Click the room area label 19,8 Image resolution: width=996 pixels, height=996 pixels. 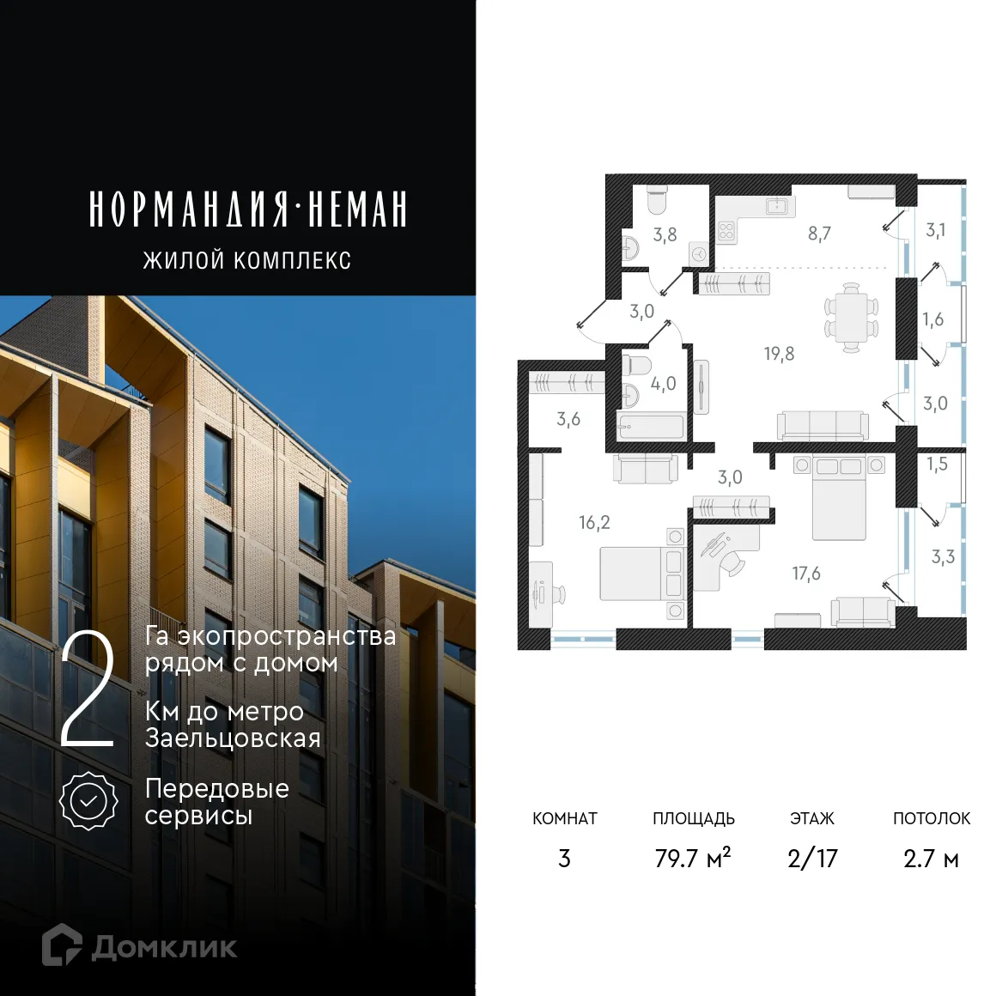click(x=779, y=354)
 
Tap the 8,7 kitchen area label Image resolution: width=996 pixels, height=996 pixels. click(x=819, y=234)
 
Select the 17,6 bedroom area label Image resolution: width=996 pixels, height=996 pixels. click(x=806, y=574)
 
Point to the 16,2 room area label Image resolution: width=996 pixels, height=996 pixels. click(x=594, y=522)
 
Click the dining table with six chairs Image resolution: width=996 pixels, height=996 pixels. click(x=851, y=317)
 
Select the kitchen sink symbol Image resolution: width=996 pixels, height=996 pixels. click(x=780, y=205)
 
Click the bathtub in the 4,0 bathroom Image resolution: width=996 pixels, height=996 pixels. click(x=651, y=427)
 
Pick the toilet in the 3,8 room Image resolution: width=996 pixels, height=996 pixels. click(x=657, y=203)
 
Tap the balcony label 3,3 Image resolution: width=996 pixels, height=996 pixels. click(x=943, y=557)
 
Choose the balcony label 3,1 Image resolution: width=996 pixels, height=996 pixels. click(x=936, y=230)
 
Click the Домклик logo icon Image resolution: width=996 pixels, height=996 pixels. click(x=62, y=944)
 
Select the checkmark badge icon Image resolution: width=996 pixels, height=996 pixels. click(x=88, y=800)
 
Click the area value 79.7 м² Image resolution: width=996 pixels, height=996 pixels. click(x=692, y=858)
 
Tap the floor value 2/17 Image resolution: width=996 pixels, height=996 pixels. click(x=811, y=858)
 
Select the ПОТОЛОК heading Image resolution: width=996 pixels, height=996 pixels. click(x=931, y=818)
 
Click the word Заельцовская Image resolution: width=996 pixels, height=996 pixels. click(x=233, y=738)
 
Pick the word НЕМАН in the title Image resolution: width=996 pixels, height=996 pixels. click(x=357, y=210)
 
